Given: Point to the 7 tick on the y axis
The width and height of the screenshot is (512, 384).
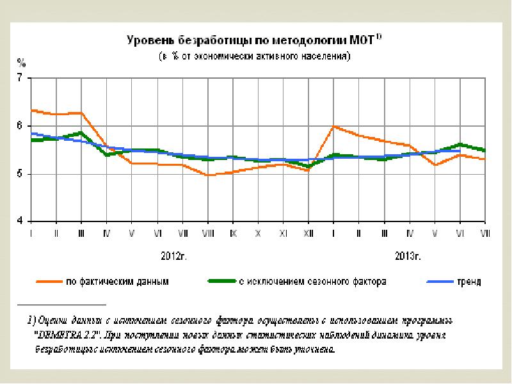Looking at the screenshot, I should (x=19, y=78).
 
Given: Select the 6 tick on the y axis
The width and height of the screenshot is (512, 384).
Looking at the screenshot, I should (x=19, y=126).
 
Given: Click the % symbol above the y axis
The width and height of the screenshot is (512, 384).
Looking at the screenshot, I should (x=20, y=63).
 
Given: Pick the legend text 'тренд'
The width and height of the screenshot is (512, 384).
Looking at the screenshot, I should (x=468, y=281).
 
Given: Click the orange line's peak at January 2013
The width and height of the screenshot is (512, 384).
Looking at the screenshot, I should (x=333, y=127).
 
